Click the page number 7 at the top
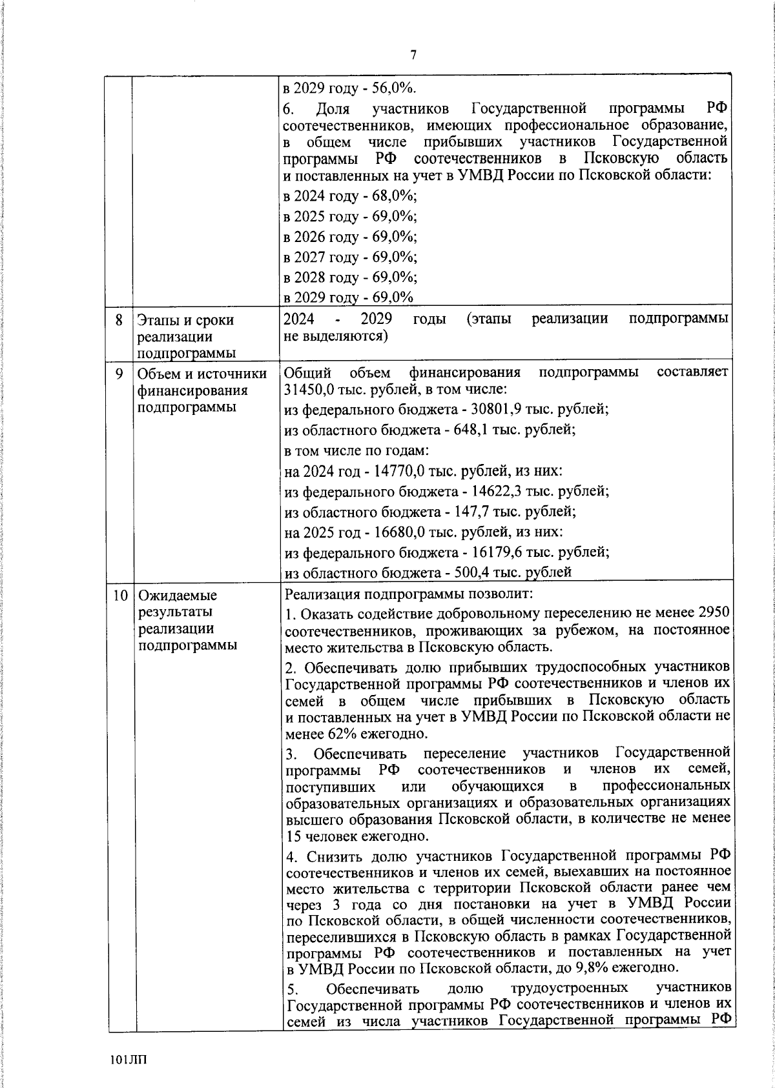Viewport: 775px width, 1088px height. [x=413, y=55]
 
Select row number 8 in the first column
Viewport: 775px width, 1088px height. [x=119, y=320]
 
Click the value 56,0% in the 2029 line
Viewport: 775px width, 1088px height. [x=394, y=88]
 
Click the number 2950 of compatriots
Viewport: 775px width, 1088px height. [x=715, y=612]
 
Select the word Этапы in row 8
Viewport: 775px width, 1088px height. [x=156, y=320]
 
